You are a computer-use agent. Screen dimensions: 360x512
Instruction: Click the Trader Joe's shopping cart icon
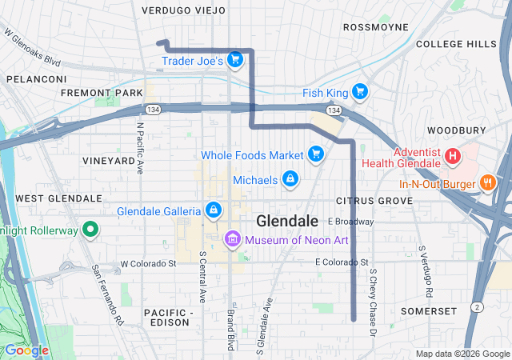(x=234, y=59)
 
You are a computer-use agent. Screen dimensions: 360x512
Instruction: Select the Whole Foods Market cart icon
(x=316, y=154)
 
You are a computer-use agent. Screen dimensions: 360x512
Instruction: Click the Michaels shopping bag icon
(x=290, y=180)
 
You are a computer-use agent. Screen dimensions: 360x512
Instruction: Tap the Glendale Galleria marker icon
(x=214, y=210)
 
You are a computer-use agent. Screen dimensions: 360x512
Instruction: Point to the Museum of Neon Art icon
(x=233, y=238)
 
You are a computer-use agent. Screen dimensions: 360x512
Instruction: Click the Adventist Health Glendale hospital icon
(x=452, y=154)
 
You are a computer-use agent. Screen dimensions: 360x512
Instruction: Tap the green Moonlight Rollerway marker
(x=90, y=230)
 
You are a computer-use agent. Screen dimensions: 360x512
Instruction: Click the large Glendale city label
(x=287, y=221)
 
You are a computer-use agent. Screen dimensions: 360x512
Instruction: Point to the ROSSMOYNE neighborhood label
(x=375, y=27)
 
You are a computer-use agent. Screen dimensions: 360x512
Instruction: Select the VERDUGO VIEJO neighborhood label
(x=183, y=10)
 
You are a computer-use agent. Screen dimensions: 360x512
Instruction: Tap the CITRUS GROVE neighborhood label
(x=374, y=199)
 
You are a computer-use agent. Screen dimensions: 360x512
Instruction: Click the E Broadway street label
(x=350, y=222)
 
